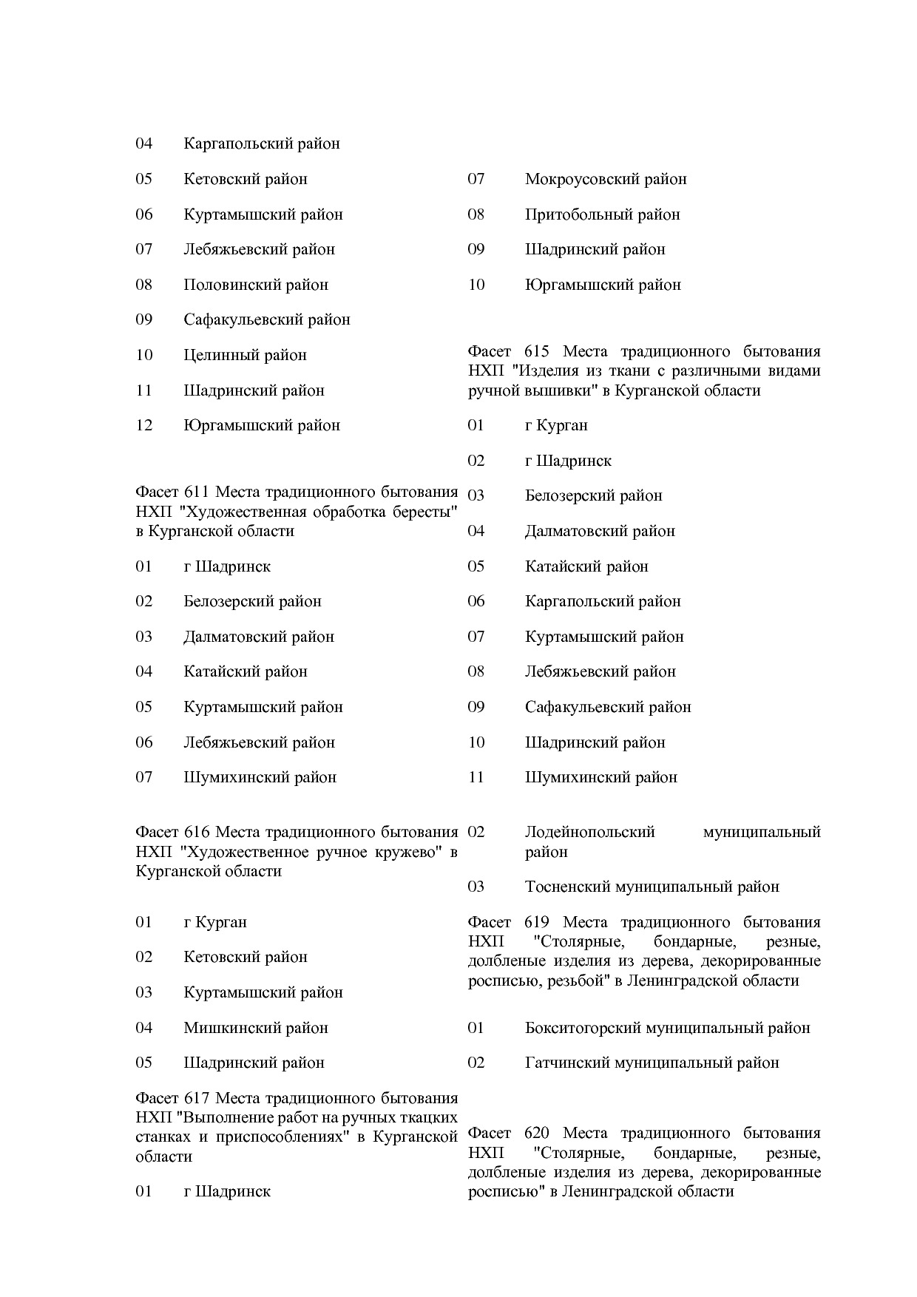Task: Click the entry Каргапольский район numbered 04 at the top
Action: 261,143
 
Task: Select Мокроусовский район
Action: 605,179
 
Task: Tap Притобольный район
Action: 602,214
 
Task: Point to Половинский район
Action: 255,285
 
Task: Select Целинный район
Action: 245,355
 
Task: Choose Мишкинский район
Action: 255,1028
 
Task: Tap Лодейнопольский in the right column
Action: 589,832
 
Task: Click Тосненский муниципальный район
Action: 652,887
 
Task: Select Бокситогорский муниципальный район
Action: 667,1028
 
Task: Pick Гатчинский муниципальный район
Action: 652,1063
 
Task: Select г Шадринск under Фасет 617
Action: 226,1191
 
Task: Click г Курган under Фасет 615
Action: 556,425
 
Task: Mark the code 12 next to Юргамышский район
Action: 143,425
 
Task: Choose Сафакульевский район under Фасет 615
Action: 607,707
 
